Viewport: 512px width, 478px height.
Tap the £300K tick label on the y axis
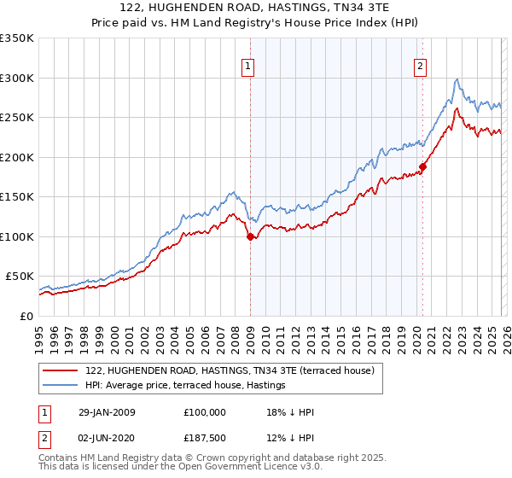coord(16,78)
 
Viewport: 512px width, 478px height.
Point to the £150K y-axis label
coord(16,196)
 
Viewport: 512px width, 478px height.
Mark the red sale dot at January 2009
coord(250,237)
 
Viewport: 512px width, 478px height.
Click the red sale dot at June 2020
coord(422,167)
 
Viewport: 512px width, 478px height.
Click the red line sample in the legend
coord(60,370)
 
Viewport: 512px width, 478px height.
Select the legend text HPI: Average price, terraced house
coord(189,387)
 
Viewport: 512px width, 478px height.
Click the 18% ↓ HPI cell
coord(291,412)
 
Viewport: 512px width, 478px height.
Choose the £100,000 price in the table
coord(205,412)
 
